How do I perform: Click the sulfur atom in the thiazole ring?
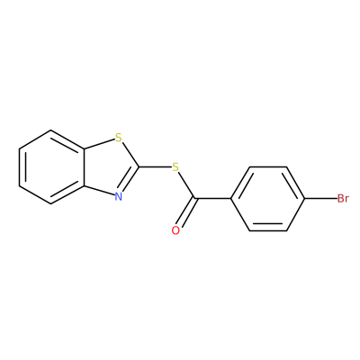coord(119,138)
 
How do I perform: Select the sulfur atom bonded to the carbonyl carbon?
coord(175,166)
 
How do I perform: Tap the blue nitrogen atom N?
coord(119,196)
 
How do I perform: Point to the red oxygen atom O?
coord(175,230)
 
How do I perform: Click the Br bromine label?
coord(343,198)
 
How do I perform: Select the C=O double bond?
coord(186,212)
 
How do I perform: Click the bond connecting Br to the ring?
coord(320,198)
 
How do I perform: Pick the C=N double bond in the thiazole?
coord(130,180)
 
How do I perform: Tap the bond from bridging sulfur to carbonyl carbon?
coord(186,184)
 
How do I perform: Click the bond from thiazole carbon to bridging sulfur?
coord(154,166)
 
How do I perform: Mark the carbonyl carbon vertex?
coord(195,198)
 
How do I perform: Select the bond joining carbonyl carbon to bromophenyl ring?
coord(213,198)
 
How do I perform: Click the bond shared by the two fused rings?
coord(84,167)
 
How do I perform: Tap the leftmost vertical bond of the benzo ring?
coord(19,167)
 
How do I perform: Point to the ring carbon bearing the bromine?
coord(305,198)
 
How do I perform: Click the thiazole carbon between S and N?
coord(139,166)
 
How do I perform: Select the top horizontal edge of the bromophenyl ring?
coord(268,166)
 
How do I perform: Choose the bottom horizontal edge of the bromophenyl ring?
coord(268,230)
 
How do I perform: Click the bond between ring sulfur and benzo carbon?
coord(99,143)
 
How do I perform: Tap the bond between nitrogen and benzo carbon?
coord(99,191)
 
